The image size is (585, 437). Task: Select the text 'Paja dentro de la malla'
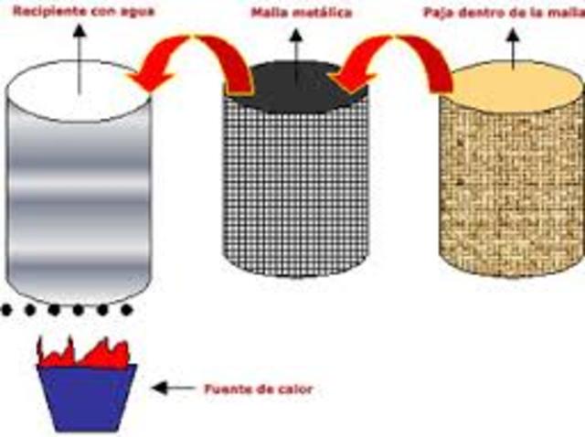(x=503, y=15)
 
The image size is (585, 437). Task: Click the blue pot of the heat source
(x=86, y=396)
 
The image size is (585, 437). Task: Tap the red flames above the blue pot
(x=82, y=352)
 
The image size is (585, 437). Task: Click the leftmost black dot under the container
(x=7, y=310)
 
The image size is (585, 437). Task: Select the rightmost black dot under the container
(x=127, y=310)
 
